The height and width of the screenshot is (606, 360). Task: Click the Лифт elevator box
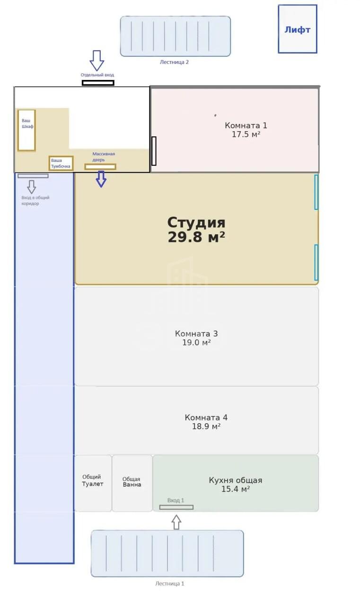(x=297, y=29)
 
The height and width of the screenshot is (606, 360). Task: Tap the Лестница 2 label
(x=175, y=62)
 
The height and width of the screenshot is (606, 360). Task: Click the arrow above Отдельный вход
(x=97, y=61)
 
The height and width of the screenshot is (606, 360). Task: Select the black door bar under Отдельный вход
(x=98, y=83)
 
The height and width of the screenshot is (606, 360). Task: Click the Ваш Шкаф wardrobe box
(x=27, y=130)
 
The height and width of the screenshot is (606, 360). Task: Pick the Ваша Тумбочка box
(x=61, y=163)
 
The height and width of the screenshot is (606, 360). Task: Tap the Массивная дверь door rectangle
(x=100, y=167)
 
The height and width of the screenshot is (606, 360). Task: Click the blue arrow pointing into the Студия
(x=101, y=179)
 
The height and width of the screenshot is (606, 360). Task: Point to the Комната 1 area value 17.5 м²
(x=246, y=134)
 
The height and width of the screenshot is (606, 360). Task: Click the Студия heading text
(x=196, y=223)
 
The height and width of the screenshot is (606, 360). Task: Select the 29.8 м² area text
(x=196, y=237)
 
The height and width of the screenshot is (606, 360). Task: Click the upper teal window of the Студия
(x=316, y=192)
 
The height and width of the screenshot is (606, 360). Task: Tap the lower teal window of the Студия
(x=316, y=262)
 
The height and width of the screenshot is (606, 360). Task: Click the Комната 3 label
(x=196, y=334)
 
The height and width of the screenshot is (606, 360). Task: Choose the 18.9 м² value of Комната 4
(x=206, y=427)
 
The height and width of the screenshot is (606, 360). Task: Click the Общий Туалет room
(x=93, y=483)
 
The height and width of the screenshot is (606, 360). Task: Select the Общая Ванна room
(x=132, y=483)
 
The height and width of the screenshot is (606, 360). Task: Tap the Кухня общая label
(x=236, y=480)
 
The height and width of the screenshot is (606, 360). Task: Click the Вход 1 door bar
(x=176, y=507)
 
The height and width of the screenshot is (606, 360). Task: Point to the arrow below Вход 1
(x=176, y=522)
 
